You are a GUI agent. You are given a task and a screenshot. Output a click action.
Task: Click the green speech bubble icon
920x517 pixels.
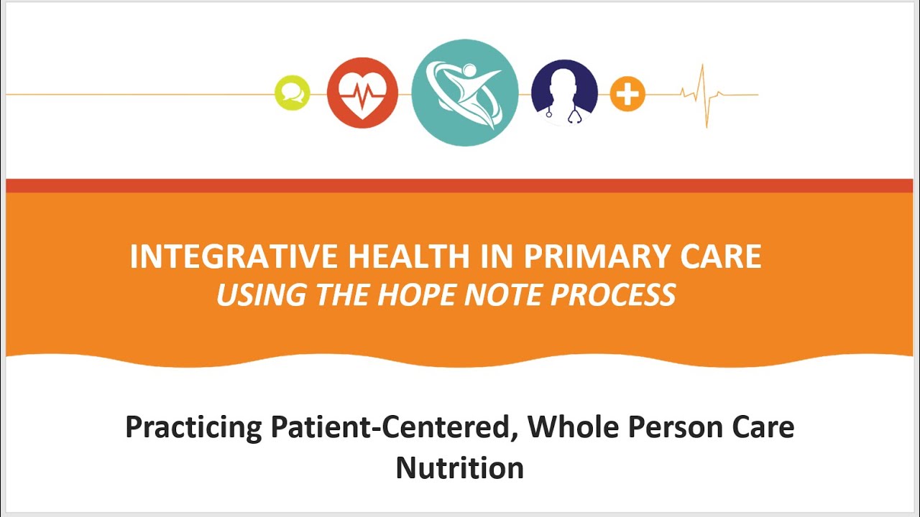point(293,94)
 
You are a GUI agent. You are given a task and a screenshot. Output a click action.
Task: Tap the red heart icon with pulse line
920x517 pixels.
point(362,94)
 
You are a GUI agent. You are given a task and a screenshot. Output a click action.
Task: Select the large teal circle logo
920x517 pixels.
point(464,93)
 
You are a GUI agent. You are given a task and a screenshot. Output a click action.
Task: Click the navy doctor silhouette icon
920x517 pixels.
point(564,92)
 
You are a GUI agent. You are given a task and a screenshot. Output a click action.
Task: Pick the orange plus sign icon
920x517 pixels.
point(627,94)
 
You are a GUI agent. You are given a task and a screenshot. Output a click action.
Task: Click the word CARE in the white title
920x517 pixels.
point(722,257)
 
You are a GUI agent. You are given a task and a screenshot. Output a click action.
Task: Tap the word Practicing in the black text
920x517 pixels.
point(193,428)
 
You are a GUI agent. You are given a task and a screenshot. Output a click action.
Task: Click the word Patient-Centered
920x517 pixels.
point(394,428)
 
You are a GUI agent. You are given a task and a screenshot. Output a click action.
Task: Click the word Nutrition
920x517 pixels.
point(459,468)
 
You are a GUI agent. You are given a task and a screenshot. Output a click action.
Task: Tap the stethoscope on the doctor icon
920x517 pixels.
point(573,114)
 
